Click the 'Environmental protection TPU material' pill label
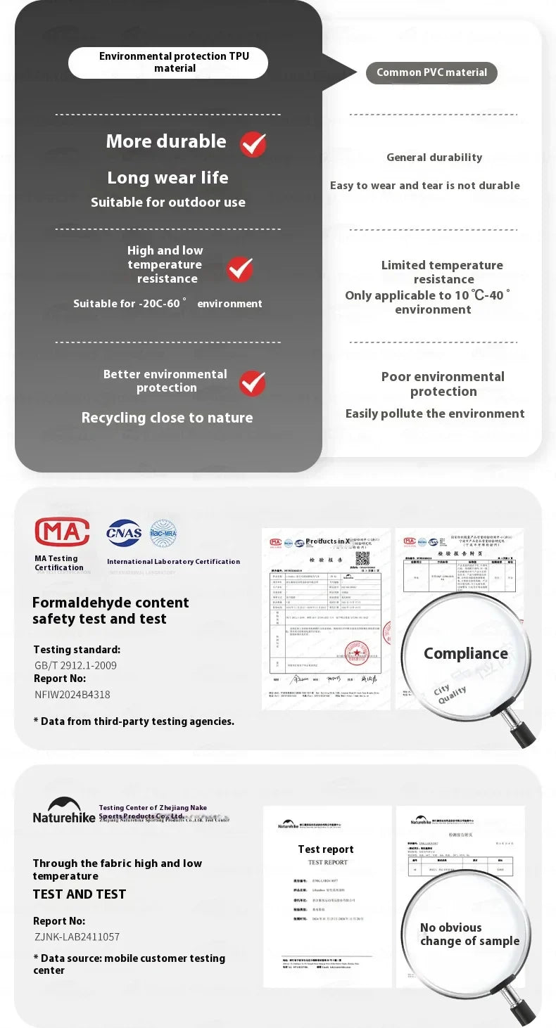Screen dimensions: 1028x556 coord(168,63)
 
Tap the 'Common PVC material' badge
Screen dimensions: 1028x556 coord(431,72)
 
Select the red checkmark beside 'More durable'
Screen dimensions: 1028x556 coord(253,144)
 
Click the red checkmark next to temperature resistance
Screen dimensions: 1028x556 coord(239,269)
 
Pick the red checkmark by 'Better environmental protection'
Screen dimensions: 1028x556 coord(252,383)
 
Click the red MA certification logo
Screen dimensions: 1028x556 coord(62,532)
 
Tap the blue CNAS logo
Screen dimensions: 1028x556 coord(124,533)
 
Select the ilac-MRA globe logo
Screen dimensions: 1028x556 coord(163,534)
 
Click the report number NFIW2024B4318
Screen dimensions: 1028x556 coord(72,695)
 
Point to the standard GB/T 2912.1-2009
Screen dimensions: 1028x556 coord(76,665)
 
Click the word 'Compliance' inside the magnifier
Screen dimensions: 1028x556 coord(465,653)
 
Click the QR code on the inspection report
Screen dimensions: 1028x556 coord(362,558)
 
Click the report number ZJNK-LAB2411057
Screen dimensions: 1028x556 coord(77,937)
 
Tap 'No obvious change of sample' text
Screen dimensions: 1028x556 coord(469,934)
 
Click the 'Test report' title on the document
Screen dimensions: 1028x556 coord(326,849)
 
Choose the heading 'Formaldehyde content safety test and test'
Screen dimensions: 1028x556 coord(110,610)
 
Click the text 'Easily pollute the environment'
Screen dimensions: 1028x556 coord(434,413)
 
